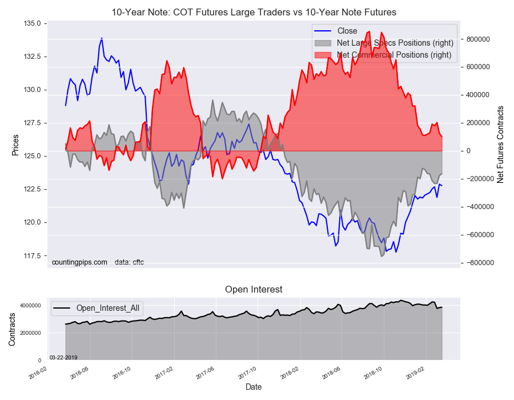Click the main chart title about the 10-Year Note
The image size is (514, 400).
click(254, 12)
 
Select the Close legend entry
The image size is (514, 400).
click(347, 31)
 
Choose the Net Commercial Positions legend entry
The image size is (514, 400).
click(394, 55)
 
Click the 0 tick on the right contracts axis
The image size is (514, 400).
click(469, 151)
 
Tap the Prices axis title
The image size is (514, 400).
click(15, 145)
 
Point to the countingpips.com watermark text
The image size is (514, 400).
click(79, 262)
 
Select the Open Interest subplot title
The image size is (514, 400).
click(254, 290)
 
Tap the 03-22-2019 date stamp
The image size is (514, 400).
click(63, 357)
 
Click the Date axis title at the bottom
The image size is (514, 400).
click(254, 387)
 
